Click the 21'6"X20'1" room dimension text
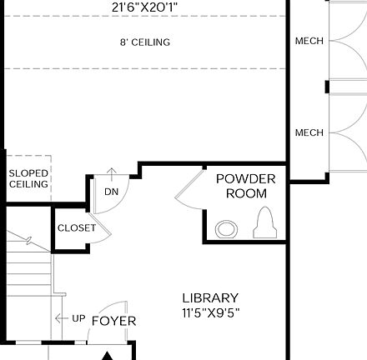[x=145, y=7]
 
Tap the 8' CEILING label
[x=145, y=42]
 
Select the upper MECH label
[x=309, y=41]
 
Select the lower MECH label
[x=309, y=132]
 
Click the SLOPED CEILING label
[x=28, y=178]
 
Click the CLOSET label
[x=76, y=227]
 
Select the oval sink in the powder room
[x=225, y=227]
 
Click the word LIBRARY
[x=210, y=297]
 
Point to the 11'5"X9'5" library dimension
[x=210, y=313]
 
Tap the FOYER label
[x=113, y=321]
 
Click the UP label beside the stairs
[x=78, y=319]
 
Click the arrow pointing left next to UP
[x=61, y=319]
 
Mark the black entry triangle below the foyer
[x=108, y=355]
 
